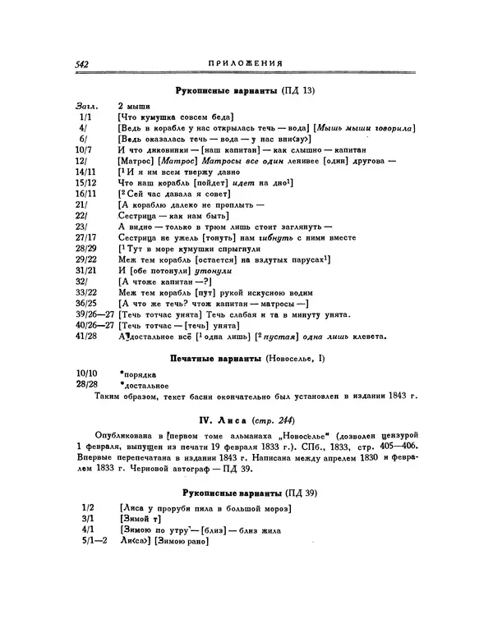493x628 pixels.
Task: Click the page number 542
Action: coord(81,63)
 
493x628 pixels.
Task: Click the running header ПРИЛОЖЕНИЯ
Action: coord(246,63)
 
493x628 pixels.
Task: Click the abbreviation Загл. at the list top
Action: coord(85,108)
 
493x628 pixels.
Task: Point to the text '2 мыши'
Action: coord(134,108)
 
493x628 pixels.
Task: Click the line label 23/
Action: coord(81,225)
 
